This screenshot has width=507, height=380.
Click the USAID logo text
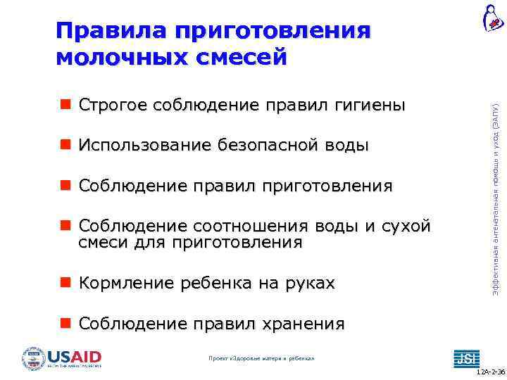(x=74, y=356)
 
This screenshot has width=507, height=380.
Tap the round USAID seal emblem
(x=33, y=358)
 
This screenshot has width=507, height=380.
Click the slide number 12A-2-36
(x=489, y=372)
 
